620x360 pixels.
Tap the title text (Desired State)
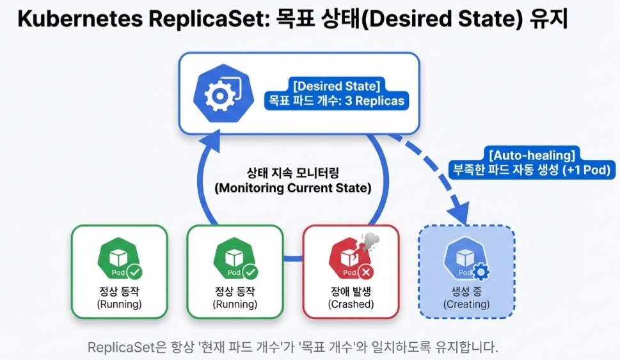pos(452,20)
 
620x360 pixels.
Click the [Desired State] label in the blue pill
pos(337,86)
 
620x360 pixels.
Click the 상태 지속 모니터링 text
pos(295,173)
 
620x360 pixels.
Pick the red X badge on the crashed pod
pos(366,272)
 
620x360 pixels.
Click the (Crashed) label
pos(351,304)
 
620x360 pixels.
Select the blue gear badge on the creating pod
pos(481,272)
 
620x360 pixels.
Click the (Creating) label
pos(466,304)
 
